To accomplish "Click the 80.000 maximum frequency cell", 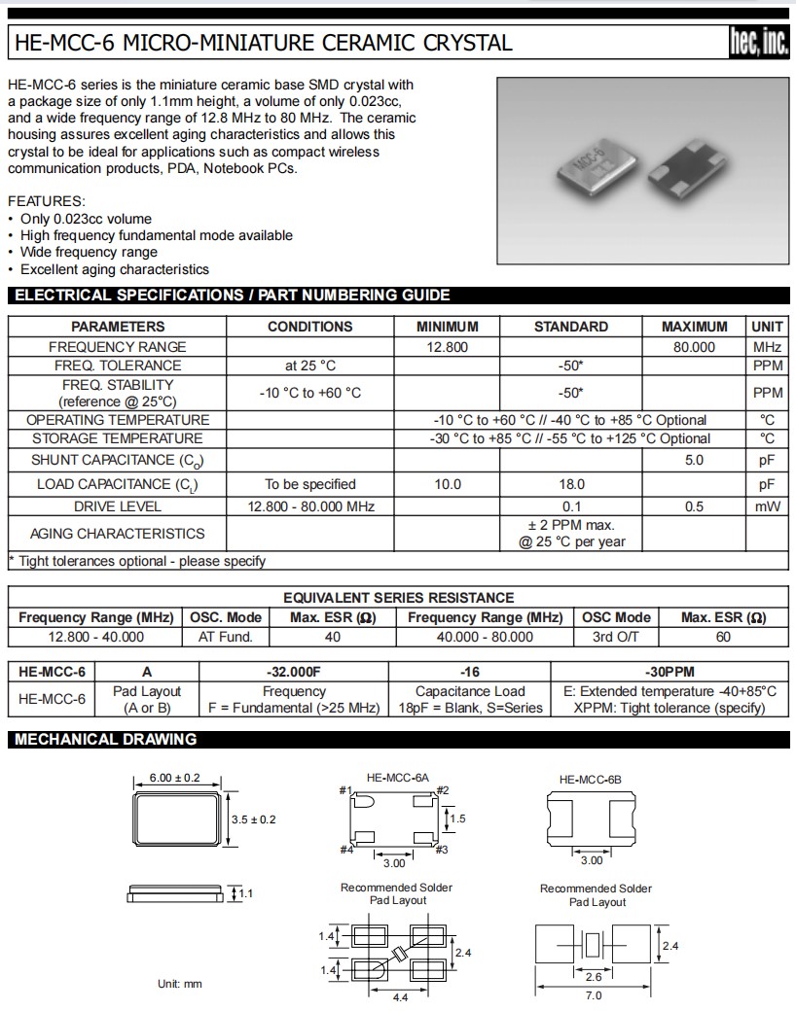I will coord(694,347).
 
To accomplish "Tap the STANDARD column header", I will coord(571,327).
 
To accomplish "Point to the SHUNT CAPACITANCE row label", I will coord(118,460).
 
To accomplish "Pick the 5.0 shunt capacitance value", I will coord(694,460).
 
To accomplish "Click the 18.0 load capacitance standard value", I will coord(571,484).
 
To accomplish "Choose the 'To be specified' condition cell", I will coord(310,484).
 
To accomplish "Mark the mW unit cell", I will coord(768,506).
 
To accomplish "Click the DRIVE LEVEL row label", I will coord(118,506).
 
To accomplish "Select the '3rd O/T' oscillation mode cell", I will coord(616,637).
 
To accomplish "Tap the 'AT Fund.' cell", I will coord(226,637).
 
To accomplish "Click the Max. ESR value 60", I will coord(723,637).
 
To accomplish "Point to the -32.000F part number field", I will coord(294,672).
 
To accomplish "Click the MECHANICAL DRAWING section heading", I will coord(106,740).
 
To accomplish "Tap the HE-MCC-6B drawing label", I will coord(590,780).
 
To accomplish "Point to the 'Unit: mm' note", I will coord(180,984).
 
